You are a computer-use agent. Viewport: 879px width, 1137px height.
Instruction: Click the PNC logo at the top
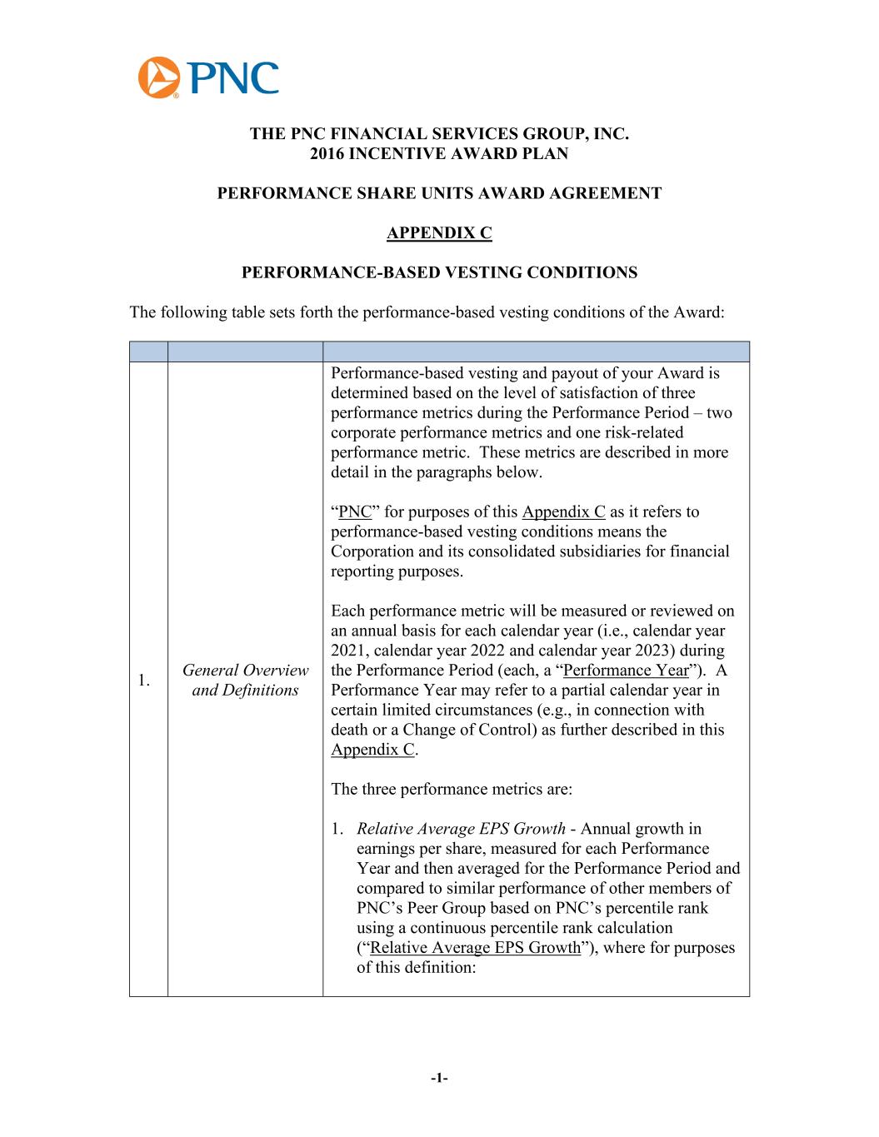(x=208, y=77)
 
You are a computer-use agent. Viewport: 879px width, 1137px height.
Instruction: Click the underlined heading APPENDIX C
(x=439, y=233)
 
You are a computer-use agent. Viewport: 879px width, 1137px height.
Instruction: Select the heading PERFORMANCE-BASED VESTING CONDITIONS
(x=439, y=272)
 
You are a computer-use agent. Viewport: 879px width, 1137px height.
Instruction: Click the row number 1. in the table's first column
(x=143, y=681)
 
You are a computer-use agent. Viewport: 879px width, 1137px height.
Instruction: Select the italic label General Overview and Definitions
(x=245, y=680)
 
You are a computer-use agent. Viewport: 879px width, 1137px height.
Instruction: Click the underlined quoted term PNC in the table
(x=354, y=511)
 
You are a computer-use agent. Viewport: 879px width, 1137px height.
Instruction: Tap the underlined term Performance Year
(x=626, y=670)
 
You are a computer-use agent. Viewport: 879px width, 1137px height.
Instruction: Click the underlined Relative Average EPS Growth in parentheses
(x=475, y=947)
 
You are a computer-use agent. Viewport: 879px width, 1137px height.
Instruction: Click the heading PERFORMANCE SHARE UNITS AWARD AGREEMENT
(x=439, y=193)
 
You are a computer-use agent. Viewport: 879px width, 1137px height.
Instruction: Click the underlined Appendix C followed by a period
(x=372, y=750)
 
